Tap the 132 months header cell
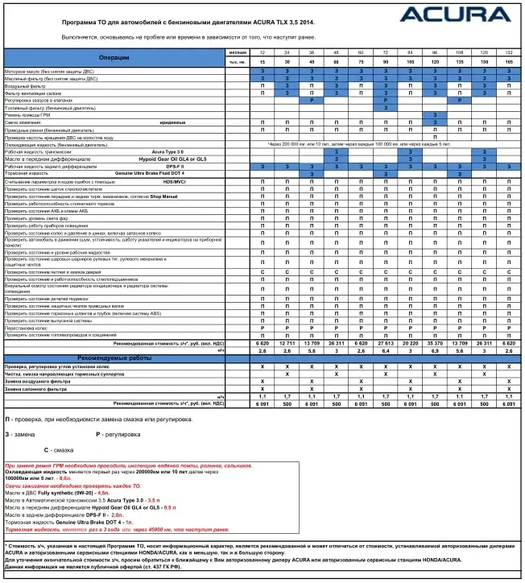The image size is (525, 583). pyautogui.click(x=509, y=52)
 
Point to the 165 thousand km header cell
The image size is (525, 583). pyautogui.click(x=509, y=62)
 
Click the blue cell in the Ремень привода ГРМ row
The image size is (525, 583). pyautogui.click(x=435, y=114)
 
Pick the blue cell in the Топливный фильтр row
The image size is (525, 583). pyautogui.click(x=386, y=107)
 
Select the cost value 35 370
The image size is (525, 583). pyautogui.click(x=435, y=342)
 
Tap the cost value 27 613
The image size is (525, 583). pyautogui.click(x=386, y=342)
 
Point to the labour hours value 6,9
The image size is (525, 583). pyautogui.click(x=435, y=350)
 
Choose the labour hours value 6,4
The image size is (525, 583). pyautogui.click(x=386, y=350)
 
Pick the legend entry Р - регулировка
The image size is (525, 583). pyautogui.click(x=121, y=434)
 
